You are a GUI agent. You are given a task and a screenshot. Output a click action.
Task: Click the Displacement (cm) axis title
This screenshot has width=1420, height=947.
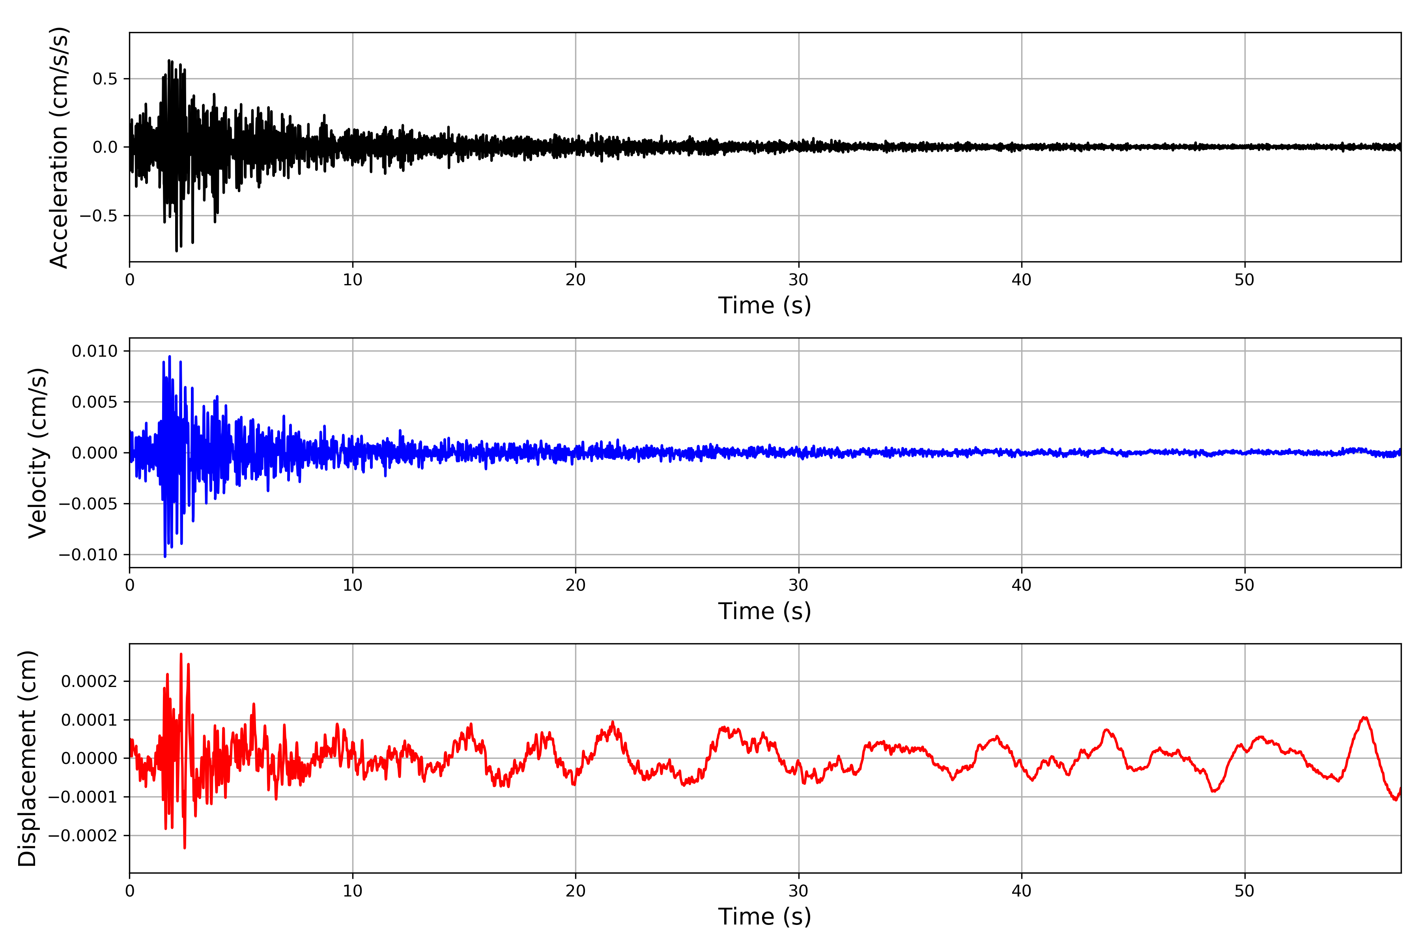point(27,758)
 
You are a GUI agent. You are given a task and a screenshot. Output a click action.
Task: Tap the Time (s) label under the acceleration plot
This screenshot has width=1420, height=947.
point(764,305)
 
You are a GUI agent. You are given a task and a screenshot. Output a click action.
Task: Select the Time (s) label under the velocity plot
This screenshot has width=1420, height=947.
point(764,611)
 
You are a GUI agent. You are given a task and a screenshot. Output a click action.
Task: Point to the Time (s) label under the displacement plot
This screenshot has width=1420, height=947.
point(764,917)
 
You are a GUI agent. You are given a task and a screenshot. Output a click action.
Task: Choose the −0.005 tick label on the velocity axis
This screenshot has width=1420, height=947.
point(88,504)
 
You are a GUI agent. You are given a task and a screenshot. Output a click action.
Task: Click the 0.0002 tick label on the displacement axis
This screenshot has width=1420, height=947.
point(90,682)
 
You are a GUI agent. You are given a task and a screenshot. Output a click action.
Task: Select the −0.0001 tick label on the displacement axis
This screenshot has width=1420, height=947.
point(83,797)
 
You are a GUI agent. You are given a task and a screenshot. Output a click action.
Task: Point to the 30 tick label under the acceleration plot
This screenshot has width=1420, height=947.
point(798,280)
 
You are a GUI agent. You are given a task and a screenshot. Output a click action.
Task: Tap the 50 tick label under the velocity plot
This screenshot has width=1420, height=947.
point(1244,585)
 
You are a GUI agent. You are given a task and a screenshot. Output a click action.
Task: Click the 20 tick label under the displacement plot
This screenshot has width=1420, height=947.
point(575,891)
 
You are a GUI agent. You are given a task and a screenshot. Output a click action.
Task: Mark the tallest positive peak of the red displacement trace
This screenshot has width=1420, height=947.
point(181,654)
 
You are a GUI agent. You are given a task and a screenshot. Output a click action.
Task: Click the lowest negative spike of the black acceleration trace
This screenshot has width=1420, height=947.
point(176,251)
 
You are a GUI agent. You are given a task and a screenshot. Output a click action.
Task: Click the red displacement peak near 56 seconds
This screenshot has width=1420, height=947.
point(1364,717)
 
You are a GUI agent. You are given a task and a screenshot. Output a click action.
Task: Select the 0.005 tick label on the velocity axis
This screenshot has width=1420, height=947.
point(95,402)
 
